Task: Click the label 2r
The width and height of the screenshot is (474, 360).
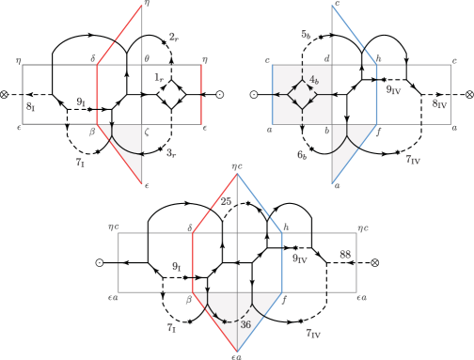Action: pos(173,37)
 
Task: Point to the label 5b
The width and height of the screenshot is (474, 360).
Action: pos(306,34)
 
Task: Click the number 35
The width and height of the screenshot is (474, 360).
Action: pos(226,200)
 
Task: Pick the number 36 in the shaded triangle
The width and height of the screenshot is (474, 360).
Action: pos(245,324)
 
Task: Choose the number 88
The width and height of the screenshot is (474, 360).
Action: pos(345,254)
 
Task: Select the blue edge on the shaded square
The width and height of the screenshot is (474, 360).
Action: pos(272,95)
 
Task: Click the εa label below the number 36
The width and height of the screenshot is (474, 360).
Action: pos(237,354)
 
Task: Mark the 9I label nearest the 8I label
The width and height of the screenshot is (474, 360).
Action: pos(81,100)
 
